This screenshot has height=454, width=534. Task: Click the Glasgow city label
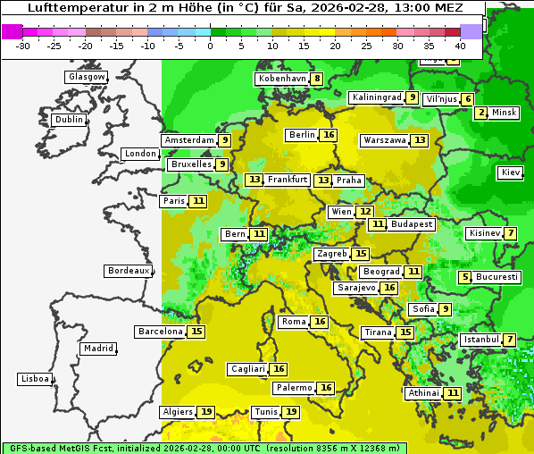tap(86, 77)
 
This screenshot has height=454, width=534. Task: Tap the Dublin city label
tap(69, 120)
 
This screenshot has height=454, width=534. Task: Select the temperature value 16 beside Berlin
tap(330, 135)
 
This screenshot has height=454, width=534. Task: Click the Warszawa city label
tap(384, 140)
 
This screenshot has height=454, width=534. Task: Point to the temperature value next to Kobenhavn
tap(317, 79)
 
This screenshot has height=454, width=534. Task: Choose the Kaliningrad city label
tap(376, 97)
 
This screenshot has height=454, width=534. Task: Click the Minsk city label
tap(505, 113)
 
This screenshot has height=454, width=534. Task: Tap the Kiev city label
tap(511, 172)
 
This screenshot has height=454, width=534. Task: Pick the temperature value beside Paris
tap(198, 201)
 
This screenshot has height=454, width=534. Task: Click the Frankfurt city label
tap(288, 180)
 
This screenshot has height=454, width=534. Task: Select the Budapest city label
tap(412, 224)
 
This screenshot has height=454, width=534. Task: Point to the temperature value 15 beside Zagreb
tap(361, 254)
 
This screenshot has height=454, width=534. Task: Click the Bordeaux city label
tap(128, 271)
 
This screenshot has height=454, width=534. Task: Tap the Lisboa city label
tap(34, 379)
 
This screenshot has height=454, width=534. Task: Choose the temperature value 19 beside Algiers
tap(206, 412)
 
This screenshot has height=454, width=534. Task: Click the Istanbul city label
tap(480, 340)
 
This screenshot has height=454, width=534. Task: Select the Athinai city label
tap(423, 393)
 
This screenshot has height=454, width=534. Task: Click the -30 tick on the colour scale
tap(23, 46)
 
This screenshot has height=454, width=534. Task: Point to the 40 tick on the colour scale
tap(460, 46)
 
